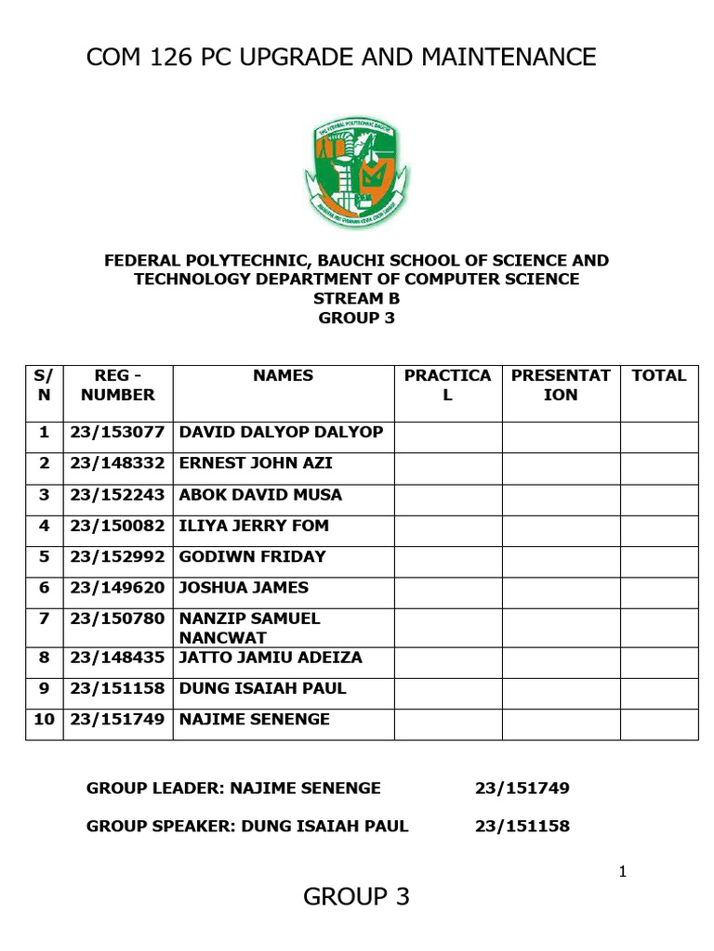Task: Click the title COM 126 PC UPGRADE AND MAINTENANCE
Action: (341, 58)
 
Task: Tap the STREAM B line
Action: (357, 298)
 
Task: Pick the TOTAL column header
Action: (658, 376)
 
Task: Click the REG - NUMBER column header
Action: (118, 385)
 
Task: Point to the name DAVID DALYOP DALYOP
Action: (281, 432)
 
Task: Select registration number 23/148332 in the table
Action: (117, 462)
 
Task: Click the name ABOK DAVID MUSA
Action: (260, 494)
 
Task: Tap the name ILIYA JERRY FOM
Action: (254, 526)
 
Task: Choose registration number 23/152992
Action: (117, 556)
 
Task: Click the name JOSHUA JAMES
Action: (244, 587)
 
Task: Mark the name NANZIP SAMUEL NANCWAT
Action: (249, 628)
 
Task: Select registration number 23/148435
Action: (117, 658)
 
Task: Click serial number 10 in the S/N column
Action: (45, 720)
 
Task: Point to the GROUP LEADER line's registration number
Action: (522, 788)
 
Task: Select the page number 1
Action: (623, 871)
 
